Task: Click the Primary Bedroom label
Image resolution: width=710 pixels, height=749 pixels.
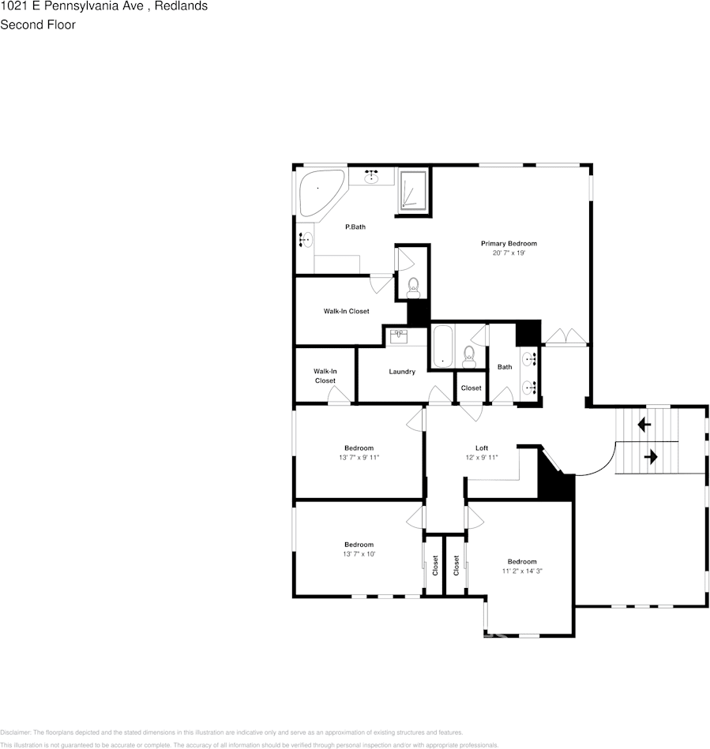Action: [x=509, y=243]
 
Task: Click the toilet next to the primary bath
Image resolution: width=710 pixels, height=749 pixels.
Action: [x=413, y=288]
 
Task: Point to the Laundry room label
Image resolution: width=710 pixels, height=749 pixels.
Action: [x=402, y=372]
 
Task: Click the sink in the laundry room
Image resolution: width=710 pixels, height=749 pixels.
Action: [x=399, y=335]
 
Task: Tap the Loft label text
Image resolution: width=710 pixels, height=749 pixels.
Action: [x=481, y=448]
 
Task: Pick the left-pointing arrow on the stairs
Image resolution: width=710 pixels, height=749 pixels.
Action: [x=644, y=425]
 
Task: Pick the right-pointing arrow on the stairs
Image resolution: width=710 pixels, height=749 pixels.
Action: [x=652, y=457]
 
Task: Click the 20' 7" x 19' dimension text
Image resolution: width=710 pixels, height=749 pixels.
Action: [x=509, y=253]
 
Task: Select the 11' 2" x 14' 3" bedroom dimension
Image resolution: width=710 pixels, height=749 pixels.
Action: [x=521, y=571]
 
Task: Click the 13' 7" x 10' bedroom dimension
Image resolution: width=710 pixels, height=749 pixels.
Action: [x=359, y=554]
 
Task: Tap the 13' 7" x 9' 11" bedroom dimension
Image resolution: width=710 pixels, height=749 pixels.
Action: [x=359, y=458]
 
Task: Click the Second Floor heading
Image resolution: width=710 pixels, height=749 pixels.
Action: [x=38, y=24]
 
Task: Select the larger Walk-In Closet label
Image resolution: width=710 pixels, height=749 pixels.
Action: [x=346, y=311]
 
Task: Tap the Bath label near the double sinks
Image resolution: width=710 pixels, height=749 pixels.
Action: [x=505, y=366]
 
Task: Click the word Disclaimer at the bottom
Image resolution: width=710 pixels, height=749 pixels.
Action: [x=15, y=732]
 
